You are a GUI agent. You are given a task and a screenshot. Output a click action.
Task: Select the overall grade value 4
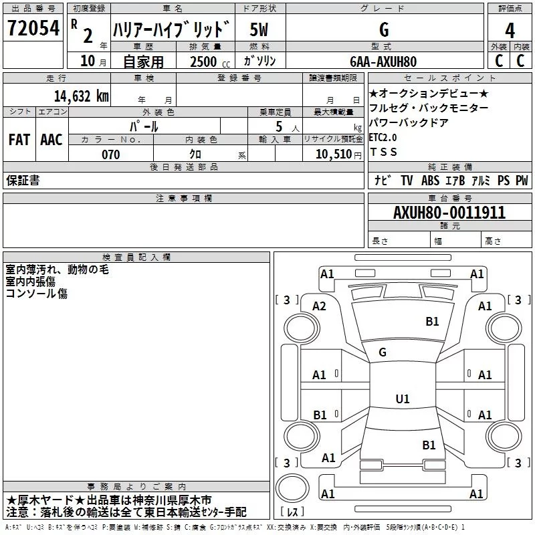coord(510,30)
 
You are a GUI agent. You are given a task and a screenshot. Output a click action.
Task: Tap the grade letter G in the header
coord(383,30)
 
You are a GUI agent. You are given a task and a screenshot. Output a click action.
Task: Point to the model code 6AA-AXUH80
coord(383,61)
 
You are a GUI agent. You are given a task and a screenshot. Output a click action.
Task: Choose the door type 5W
coord(259,30)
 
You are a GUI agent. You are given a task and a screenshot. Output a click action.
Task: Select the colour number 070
coord(110,154)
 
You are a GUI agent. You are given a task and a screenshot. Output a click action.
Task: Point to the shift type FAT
coord(19,140)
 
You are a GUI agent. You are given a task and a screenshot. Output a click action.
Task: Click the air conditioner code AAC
coord(51,140)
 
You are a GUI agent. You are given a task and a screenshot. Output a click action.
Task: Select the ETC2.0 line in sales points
coord(383,137)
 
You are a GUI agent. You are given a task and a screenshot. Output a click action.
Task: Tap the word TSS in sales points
coord(383,152)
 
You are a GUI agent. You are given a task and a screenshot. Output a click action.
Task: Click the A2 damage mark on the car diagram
coord(319,306)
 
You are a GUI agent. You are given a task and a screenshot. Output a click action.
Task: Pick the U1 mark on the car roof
coord(402,399)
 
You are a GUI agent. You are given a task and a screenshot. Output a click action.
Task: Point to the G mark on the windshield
coord(383,352)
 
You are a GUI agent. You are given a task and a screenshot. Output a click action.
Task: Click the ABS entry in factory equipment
coord(430,180)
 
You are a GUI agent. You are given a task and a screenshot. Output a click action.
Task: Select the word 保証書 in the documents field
coord(23,180)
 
